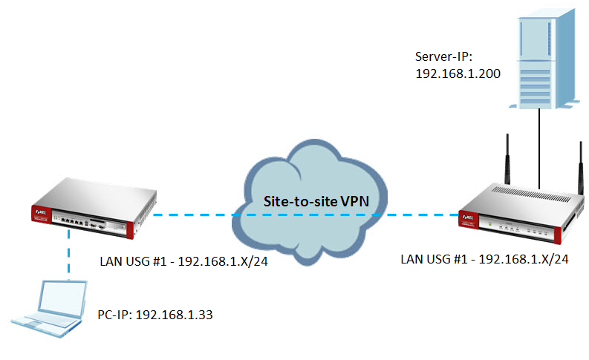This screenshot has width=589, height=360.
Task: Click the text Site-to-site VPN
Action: [x=311, y=200]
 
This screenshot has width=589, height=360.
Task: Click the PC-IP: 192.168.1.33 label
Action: [x=154, y=315]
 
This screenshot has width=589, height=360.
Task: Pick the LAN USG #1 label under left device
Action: [x=183, y=261]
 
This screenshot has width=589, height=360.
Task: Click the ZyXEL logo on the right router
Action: [x=469, y=217]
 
